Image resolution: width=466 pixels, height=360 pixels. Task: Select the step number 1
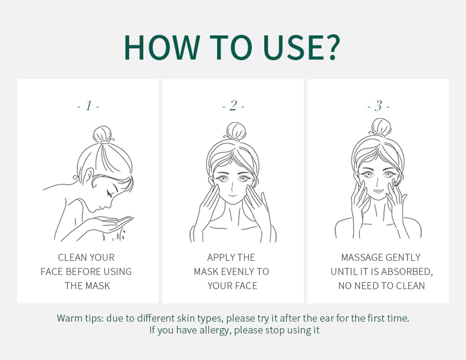tap(88, 106)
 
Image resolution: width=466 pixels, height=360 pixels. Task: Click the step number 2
tap(234, 106)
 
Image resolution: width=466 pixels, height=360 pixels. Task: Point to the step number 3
tap(378, 106)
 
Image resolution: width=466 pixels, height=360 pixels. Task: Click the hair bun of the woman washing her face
tap(103, 135)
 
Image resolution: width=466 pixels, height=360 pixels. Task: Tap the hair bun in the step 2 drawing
tap(236, 130)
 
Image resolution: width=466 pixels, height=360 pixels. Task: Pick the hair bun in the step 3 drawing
tap(380, 127)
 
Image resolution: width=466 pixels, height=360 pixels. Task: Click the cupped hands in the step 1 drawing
tap(114, 224)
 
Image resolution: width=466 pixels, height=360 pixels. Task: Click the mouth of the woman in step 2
tap(232, 195)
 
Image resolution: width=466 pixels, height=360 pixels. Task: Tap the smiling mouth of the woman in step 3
tap(378, 191)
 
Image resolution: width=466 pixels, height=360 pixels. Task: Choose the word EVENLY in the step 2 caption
tap(239, 271)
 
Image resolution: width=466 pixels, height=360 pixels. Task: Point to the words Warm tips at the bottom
tap(80, 318)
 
